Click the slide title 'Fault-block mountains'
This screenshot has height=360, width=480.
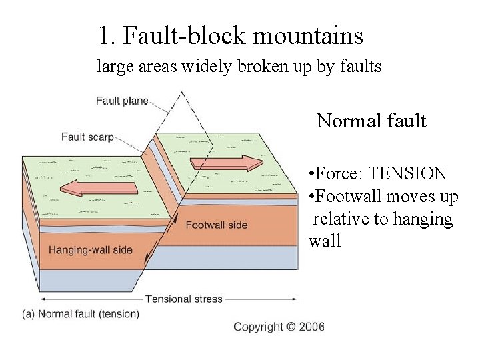[243, 35]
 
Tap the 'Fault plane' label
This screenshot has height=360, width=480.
[122, 101]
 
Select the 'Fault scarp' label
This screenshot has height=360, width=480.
[87, 137]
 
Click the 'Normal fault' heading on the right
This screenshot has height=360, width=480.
[371, 121]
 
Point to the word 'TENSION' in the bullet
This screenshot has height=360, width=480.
[407, 174]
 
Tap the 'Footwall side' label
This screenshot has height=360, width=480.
[216, 225]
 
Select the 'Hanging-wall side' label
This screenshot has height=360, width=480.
[91, 251]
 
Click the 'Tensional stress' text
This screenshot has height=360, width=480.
[184, 299]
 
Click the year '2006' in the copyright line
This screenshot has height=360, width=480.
[311, 327]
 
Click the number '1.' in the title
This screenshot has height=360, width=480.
[107, 35]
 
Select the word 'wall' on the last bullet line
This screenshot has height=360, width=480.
[325, 241]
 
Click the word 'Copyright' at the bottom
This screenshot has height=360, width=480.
[258, 327]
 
